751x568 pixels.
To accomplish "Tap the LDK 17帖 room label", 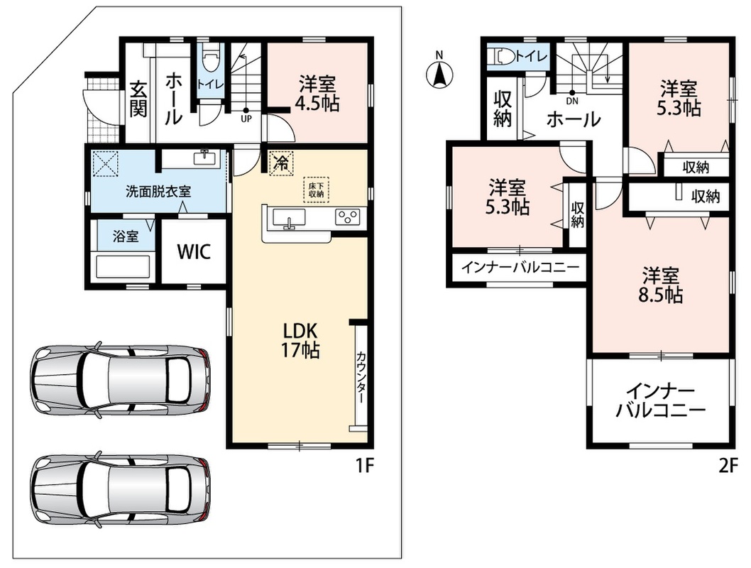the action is point(300,341).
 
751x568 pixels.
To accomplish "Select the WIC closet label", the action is point(194,251).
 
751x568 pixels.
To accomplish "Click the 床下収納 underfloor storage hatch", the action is point(316,189).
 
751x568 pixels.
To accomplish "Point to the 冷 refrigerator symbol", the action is point(281,163).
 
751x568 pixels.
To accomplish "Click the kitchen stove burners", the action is point(349,217).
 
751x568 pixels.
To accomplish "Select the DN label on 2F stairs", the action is point(572,101).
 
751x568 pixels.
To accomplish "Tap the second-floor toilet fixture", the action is point(500,56).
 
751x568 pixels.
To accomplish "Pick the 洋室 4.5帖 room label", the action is point(317,94).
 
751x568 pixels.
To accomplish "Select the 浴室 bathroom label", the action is point(126,236).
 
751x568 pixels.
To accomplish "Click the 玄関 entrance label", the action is point(138,100).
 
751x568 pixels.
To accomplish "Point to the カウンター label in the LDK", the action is point(361,378).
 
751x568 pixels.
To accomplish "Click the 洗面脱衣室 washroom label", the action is point(158,192).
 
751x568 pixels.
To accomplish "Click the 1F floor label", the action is point(364,466).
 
